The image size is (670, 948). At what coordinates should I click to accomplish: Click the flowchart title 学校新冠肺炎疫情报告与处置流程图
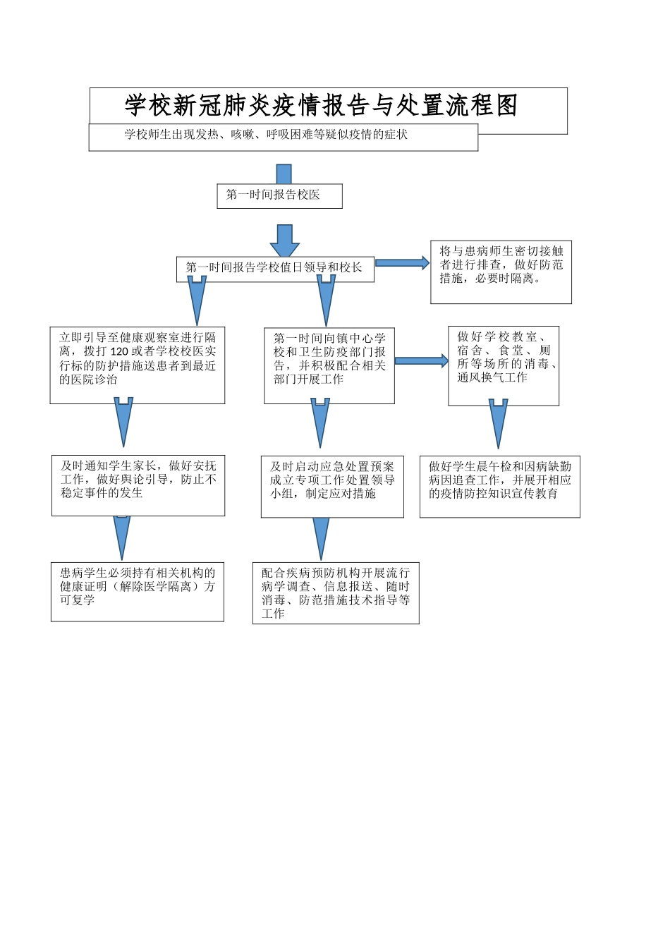[322, 106]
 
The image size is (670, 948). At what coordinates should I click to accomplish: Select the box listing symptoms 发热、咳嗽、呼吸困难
[282, 138]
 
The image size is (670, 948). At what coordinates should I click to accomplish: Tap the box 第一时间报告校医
[279, 195]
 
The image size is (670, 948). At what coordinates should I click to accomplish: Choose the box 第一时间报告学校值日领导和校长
[275, 269]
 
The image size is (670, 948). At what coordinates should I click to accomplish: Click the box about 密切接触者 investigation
[501, 272]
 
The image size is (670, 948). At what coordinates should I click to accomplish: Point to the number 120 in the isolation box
[119, 351]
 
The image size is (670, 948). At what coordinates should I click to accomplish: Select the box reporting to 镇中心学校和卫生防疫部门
[329, 365]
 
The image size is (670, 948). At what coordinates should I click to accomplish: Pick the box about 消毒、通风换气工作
[504, 365]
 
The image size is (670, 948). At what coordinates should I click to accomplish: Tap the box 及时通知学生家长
[138, 485]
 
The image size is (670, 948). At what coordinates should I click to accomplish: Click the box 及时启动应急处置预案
[332, 486]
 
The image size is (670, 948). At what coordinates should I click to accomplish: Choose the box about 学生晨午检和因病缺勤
[499, 486]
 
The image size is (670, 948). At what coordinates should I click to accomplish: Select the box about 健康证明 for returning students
[138, 591]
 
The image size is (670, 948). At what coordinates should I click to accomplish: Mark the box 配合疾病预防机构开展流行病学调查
[336, 592]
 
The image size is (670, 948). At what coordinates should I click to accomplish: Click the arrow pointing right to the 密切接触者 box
[402, 263]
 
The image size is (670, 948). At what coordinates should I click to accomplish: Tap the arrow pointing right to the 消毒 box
[421, 361]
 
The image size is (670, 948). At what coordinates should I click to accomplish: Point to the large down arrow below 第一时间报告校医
[284, 241]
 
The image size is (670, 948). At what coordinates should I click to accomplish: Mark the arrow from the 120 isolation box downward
[123, 421]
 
